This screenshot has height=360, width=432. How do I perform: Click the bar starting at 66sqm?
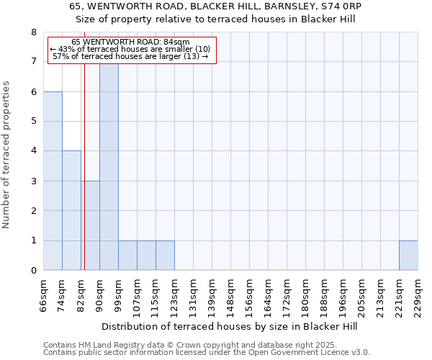coord(53,181)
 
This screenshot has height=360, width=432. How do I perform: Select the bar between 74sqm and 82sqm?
coord(71,210)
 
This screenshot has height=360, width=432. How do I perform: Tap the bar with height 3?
coord(90,225)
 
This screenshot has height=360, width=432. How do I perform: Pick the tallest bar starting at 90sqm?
coord(109,166)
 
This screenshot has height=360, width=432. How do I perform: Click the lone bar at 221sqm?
coord(408,255)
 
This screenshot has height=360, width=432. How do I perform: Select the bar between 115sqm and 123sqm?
coord(165,255)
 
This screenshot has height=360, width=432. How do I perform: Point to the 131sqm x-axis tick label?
coord(193,296)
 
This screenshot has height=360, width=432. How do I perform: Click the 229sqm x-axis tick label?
coord(418,296)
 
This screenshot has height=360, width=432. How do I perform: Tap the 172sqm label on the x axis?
coord(287,296)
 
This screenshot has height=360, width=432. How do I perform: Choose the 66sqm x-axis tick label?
coord(43,296)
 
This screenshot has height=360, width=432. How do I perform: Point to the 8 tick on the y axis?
coord(33,32)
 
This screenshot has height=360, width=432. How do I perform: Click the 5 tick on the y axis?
coord(33,122)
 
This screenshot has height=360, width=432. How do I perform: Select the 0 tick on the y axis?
coord(33,270)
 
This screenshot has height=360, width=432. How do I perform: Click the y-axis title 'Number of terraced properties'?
coord(7,154)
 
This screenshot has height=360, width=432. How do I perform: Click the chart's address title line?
coord(216,6)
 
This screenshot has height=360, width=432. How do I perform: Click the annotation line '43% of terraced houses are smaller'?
coord(130,49)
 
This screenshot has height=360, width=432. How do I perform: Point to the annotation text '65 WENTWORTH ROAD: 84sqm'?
coord(130,42)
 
